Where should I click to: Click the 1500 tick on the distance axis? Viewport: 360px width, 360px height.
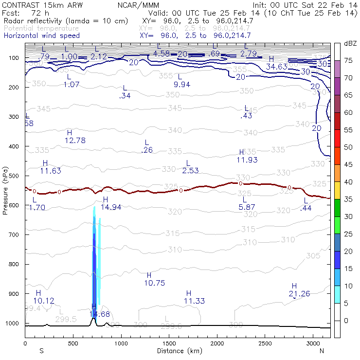coord(169,342)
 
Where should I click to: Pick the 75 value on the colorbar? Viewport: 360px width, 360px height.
coord(349,60)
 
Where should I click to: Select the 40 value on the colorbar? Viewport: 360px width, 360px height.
coord(349,181)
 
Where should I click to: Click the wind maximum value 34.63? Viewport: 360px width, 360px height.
coord(275,66)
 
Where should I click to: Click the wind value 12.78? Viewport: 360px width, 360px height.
coord(75,140)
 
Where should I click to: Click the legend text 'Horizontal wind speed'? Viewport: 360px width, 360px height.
coord(41,36)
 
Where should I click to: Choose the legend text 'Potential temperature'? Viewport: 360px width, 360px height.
coord(41,28)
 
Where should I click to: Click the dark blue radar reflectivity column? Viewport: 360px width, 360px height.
coord(95,272)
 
